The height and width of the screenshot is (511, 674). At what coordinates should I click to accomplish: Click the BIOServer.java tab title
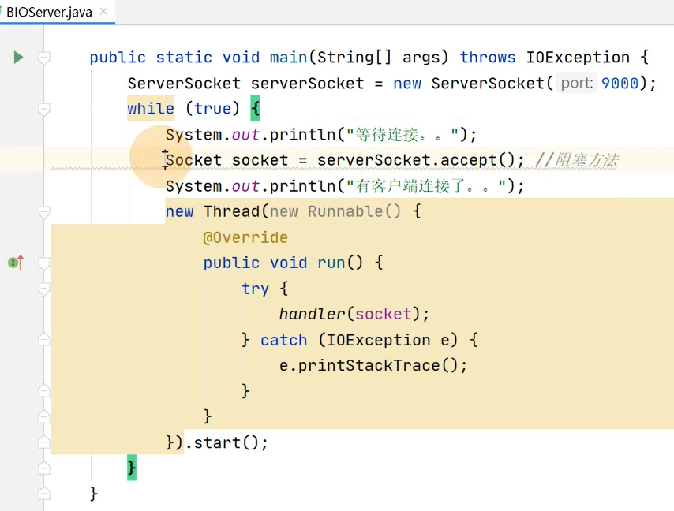pyautogui.click(x=49, y=13)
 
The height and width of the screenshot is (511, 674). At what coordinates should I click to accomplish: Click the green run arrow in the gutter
pyautogui.click(x=18, y=57)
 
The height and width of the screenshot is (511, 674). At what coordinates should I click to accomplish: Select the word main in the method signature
pyautogui.click(x=289, y=58)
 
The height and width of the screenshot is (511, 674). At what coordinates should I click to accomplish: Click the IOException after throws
pyautogui.click(x=578, y=58)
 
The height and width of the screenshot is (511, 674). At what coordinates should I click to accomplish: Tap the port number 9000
pyautogui.click(x=620, y=84)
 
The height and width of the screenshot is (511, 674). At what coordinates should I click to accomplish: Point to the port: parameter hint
pyautogui.click(x=576, y=84)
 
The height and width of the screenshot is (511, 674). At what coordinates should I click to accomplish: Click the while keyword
pyautogui.click(x=151, y=109)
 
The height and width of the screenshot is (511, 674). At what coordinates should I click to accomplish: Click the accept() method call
pyautogui.click(x=479, y=161)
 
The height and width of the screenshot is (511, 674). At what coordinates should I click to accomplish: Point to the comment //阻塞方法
pyautogui.click(x=576, y=161)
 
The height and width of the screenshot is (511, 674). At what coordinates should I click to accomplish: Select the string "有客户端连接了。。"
pyautogui.click(x=425, y=186)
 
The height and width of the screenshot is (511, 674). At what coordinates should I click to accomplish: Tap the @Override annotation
pyautogui.click(x=245, y=237)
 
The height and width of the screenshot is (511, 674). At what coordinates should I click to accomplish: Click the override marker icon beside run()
pyautogui.click(x=15, y=263)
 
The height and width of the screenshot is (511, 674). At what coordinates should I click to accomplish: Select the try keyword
pyautogui.click(x=255, y=289)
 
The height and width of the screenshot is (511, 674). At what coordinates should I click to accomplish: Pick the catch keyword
pyautogui.click(x=283, y=340)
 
